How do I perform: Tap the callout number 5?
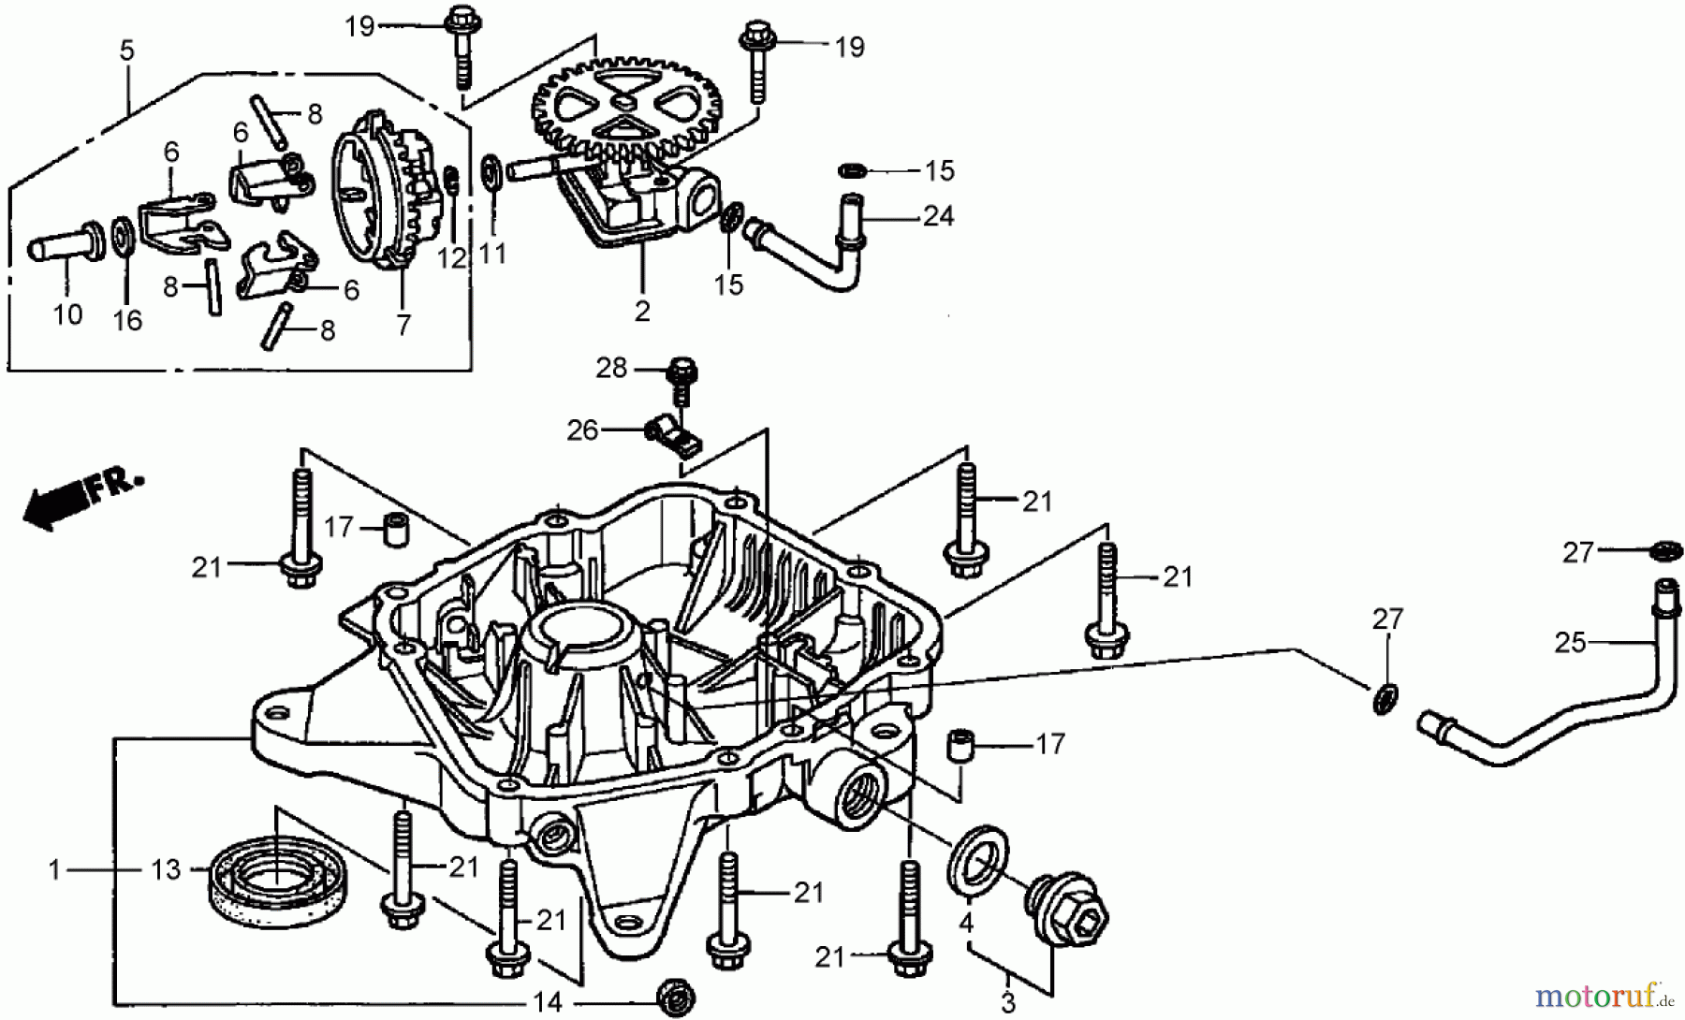coord(126,51)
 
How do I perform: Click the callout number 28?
coord(611,368)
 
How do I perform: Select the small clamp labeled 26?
coord(674,435)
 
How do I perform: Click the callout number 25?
coord(1570,643)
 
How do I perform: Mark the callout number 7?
coord(403,325)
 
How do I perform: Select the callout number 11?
coord(492,254)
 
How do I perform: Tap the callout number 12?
coord(452,257)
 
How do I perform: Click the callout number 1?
coord(54,870)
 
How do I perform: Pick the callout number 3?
coord(1007,1004)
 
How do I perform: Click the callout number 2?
coord(641,311)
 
